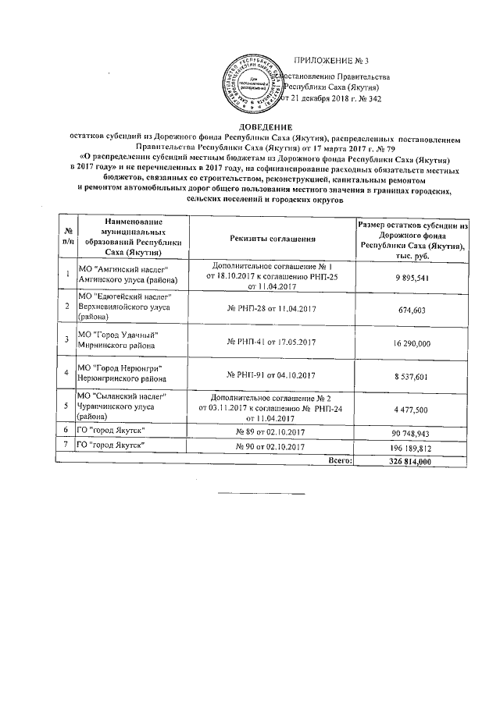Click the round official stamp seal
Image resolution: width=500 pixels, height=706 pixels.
tap(251, 82)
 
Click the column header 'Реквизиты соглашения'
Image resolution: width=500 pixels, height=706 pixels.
tap(273, 238)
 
